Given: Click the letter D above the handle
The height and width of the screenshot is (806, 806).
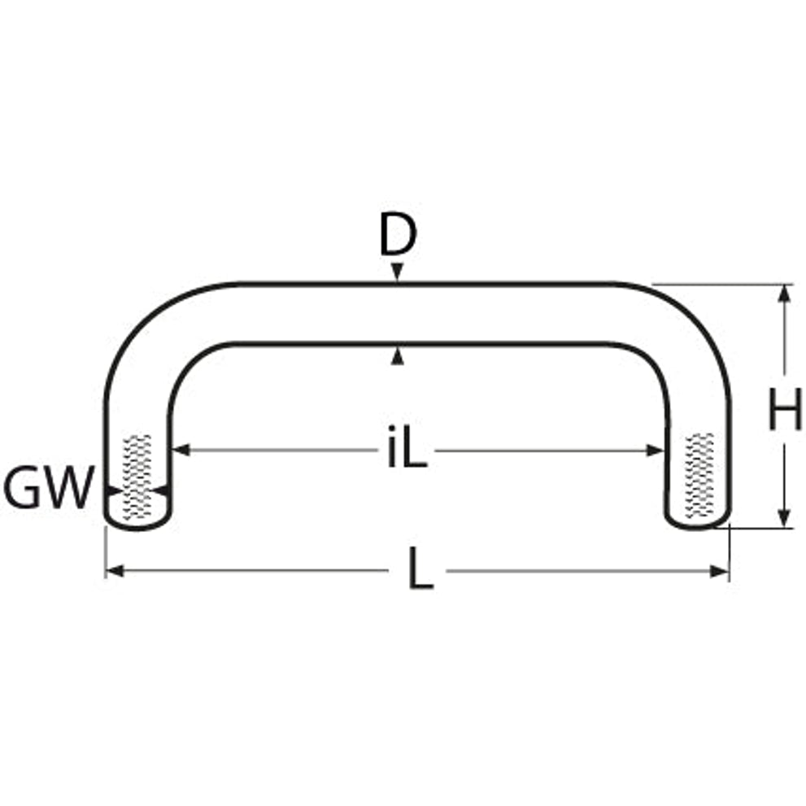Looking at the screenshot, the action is (398, 235).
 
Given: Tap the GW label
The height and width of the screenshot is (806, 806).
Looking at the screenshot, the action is (49, 487).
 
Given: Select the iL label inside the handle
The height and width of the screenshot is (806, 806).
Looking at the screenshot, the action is (407, 447).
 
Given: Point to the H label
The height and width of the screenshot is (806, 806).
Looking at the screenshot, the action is (785, 409).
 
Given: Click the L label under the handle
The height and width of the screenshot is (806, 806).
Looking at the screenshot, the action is (421, 569).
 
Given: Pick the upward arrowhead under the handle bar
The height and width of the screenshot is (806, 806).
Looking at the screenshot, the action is (397, 356).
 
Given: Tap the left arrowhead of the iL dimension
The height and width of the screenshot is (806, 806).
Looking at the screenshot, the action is (181, 451).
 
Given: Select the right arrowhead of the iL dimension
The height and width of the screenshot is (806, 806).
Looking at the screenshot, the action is (655, 451).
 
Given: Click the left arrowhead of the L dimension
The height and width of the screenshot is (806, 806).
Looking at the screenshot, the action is (115, 571).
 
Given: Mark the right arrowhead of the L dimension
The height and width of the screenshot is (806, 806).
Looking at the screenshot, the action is (719, 571).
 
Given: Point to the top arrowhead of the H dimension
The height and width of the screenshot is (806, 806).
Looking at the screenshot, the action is (784, 294).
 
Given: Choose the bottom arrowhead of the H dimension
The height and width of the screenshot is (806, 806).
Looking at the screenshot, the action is (784, 517).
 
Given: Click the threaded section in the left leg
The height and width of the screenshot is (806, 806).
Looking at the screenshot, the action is (137, 477).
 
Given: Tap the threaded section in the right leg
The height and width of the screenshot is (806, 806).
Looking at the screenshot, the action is (699, 475).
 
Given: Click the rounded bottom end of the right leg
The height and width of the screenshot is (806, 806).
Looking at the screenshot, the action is (698, 522).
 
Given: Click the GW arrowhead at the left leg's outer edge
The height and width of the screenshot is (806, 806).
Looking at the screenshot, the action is (113, 490).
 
